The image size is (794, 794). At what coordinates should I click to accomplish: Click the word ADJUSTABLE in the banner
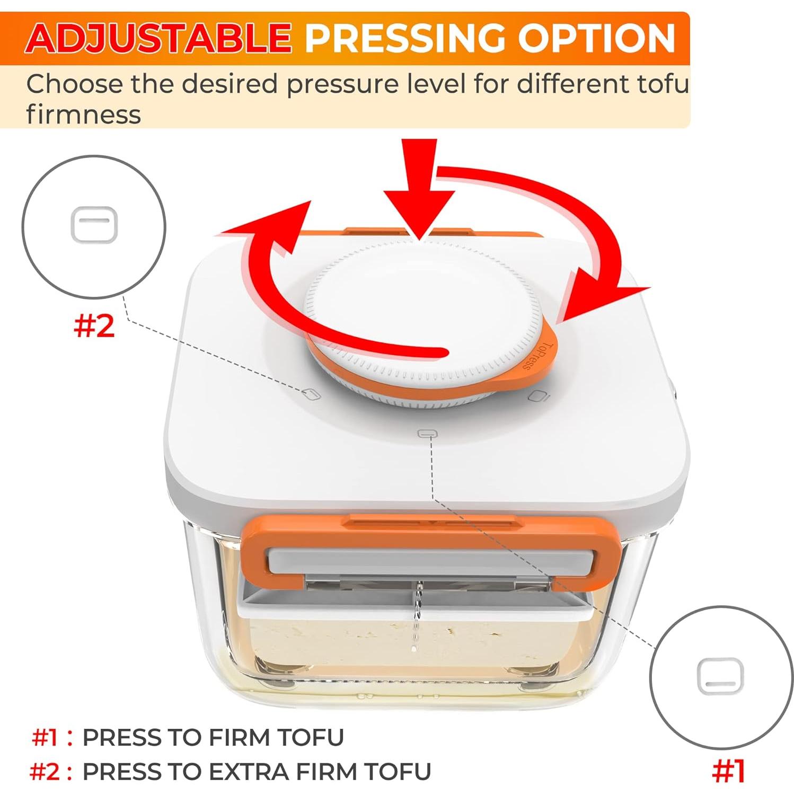tap(158, 38)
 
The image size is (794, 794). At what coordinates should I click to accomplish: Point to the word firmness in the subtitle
tap(83, 114)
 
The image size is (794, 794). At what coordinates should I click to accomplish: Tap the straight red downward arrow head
tap(419, 212)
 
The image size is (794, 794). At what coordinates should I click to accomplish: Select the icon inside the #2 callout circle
tap(94, 224)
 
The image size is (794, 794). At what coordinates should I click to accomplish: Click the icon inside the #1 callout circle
tap(720, 676)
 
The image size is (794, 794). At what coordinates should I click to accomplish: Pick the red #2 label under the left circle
tap(94, 325)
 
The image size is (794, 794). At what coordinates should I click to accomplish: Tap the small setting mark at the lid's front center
tap(427, 434)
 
